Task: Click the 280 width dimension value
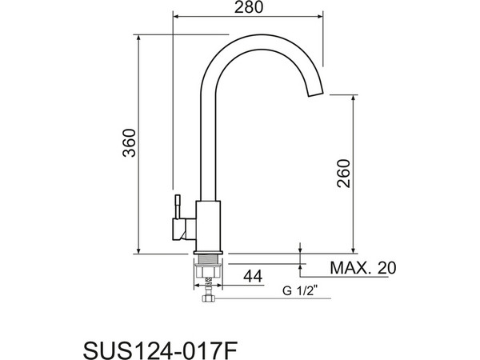(x=248, y=7)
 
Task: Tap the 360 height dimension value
(x=129, y=143)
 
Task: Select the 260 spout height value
(x=343, y=174)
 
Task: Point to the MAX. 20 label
(x=363, y=268)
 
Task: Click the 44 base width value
(x=253, y=277)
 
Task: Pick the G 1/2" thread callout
(x=300, y=291)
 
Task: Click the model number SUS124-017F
(x=161, y=350)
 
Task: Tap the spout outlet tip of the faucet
(x=315, y=94)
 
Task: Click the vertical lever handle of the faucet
(x=178, y=207)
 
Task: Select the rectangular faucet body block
(x=208, y=226)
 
